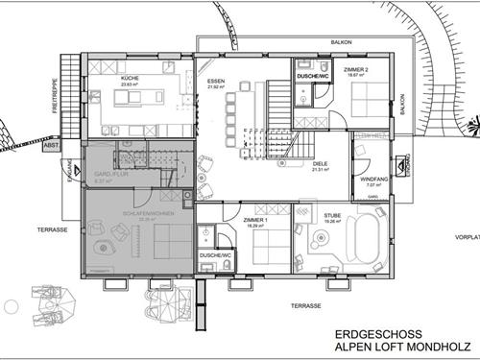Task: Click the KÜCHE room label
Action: [131, 77]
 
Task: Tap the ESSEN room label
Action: [214, 81]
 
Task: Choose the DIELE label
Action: [320, 163]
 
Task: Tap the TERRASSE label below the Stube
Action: [306, 304]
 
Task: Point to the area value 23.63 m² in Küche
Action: [131, 84]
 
